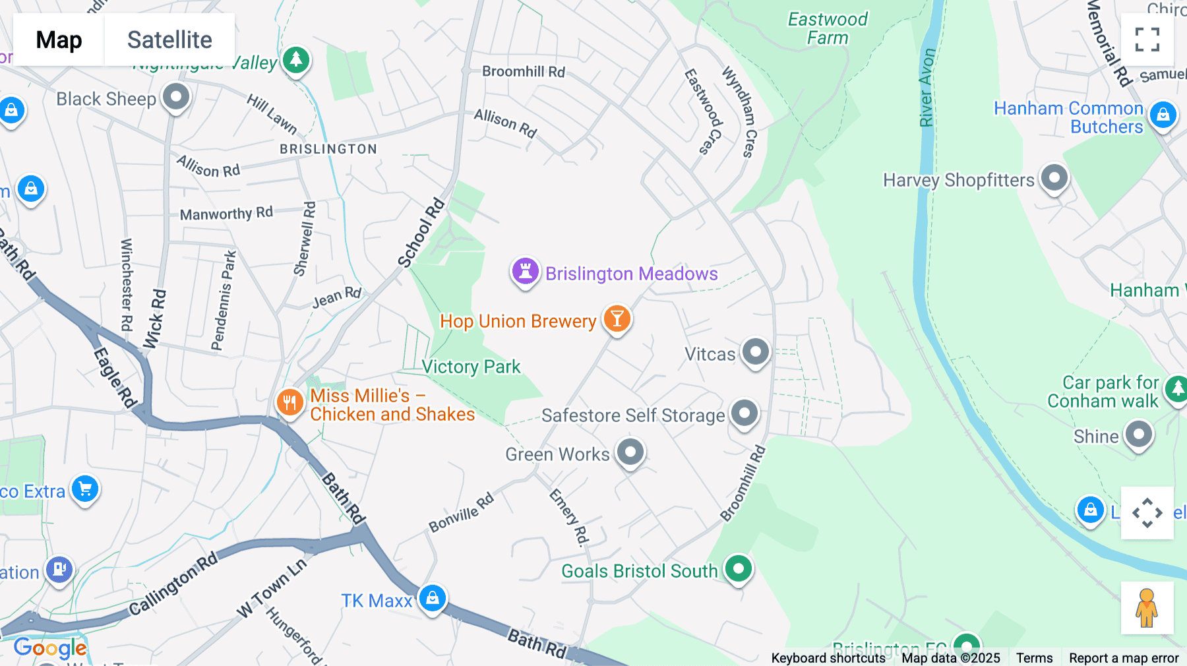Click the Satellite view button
[x=169, y=40]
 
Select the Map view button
[x=59, y=40]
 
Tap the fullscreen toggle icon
[x=1147, y=40]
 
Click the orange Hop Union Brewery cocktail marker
[x=617, y=318]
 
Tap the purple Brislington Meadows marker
[x=526, y=271]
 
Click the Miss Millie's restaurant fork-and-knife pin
[x=289, y=402]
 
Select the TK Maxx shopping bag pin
[x=433, y=598]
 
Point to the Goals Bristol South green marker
[x=738, y=568]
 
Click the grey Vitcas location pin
[x=756, y=351]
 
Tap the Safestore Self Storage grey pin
[x=745, y=413]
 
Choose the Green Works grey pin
[x=630, y=452]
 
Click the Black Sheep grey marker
[x=176, y=97]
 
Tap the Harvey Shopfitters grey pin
[x=1054, y=177]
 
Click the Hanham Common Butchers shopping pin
[x=1163, y=115]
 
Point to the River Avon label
[x=927, y=87]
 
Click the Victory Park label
[x=471, y=367]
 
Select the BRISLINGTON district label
[x=328, y=149]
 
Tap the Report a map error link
[x=1124, y=658]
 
